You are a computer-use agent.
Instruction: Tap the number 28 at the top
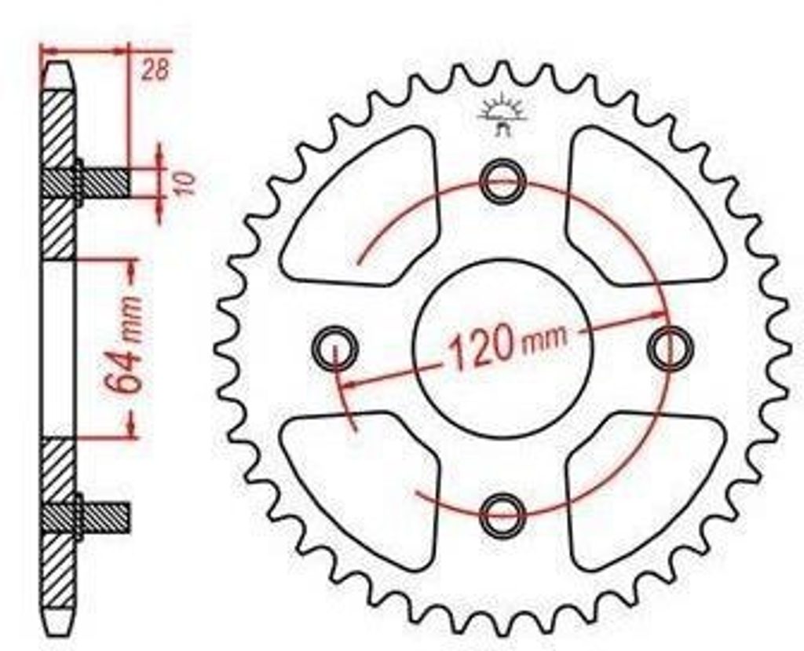point(155,71)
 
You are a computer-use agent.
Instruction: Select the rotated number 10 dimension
point(185,183)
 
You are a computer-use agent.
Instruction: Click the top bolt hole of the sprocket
point(503,181)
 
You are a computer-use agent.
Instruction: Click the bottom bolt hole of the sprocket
point(503,514)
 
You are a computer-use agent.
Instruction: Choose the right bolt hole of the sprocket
point(671,347)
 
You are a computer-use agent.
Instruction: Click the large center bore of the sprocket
point(503,349)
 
